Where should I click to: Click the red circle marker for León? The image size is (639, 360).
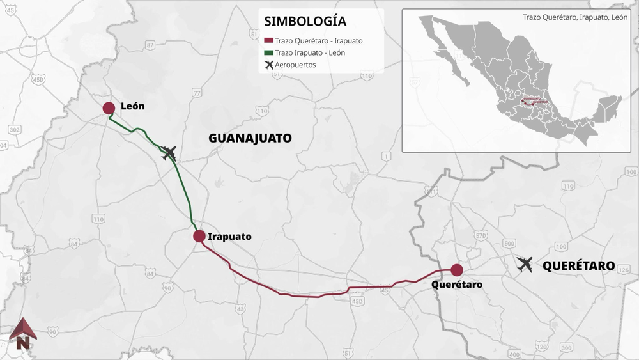[x=109, y=108]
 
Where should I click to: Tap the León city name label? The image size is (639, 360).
[x=133, y=107]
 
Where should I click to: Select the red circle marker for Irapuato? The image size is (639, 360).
[x=199, y=236]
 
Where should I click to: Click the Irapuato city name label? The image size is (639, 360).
[x=230, y=236]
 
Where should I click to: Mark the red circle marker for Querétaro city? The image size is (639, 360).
[x=457, y=270]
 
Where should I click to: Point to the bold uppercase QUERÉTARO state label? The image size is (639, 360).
[x=578, y=265]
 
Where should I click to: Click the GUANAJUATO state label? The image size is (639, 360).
[x=250, y=137]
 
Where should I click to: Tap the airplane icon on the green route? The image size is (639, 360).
[x=169, y=153]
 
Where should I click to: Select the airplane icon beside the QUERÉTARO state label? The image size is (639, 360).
[x=525, y=264]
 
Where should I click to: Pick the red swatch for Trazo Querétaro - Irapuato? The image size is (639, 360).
[x=268, y=41]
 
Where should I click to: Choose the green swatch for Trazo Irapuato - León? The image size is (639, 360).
[x=268, y=53]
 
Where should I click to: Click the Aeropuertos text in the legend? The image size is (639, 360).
[x=295, y=65]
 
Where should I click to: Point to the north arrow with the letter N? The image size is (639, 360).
[x=23, y=333]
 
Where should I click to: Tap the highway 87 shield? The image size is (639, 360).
[x=150, y=45]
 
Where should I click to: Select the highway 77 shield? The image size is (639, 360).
[x=196, y=93]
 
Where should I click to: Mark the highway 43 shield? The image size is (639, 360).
[x=240, y=309]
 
